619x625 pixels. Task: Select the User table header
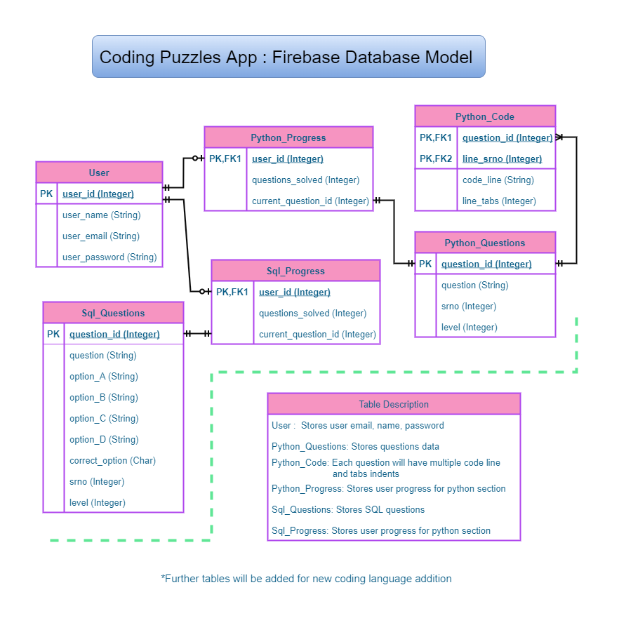(99, 173)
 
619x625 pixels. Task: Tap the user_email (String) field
(101, 236)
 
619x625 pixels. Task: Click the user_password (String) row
(109, 257)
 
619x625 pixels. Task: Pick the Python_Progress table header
(288, 137)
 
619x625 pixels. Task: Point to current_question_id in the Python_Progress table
(310, 201)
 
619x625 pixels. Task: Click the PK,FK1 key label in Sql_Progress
(232, 292)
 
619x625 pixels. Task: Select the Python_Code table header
(485, 116)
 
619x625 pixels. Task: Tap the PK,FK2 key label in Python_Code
(436, 159)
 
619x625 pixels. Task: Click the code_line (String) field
(498, 180)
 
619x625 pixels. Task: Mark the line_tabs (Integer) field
(499, 201)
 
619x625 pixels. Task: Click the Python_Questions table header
(485, 243)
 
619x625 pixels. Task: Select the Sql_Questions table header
(113, 313)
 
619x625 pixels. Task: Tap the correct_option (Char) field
(112, 460)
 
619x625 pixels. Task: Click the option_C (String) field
(104, 418)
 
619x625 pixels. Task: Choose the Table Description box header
(394, 404)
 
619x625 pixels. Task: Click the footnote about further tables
(306, 579)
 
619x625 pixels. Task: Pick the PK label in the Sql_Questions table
(53, 334)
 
